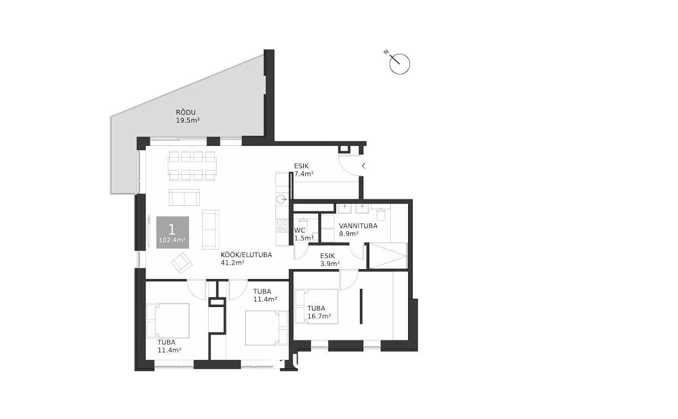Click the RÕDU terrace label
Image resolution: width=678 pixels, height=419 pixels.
point(185,113)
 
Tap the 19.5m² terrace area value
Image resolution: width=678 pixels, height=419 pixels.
point(188,120)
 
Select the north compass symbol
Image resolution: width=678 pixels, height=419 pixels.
point(399,63)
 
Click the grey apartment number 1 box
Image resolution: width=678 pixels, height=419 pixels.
point(173,233)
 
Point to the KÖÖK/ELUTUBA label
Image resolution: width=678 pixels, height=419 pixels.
point(247,255)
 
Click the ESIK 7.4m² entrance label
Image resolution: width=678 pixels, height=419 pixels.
point(304,170)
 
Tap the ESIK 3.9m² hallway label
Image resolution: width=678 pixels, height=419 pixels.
point(330,260)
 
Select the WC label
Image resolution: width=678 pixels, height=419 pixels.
point(300,230)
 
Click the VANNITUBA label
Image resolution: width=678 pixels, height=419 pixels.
point(358,226)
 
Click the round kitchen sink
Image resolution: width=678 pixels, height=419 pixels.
point(282,199)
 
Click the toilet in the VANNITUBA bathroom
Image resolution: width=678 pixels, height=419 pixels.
point(381,215)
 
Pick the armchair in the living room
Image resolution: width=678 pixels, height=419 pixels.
point(182,263)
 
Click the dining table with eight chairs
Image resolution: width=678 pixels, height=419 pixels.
point(192,166)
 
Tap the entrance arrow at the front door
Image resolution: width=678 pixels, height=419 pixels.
point(364,166)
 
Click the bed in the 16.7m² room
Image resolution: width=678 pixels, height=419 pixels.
point(317,306)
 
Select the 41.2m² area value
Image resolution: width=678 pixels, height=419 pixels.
point(233,262)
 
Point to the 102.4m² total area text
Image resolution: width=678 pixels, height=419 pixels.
point(172,240)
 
